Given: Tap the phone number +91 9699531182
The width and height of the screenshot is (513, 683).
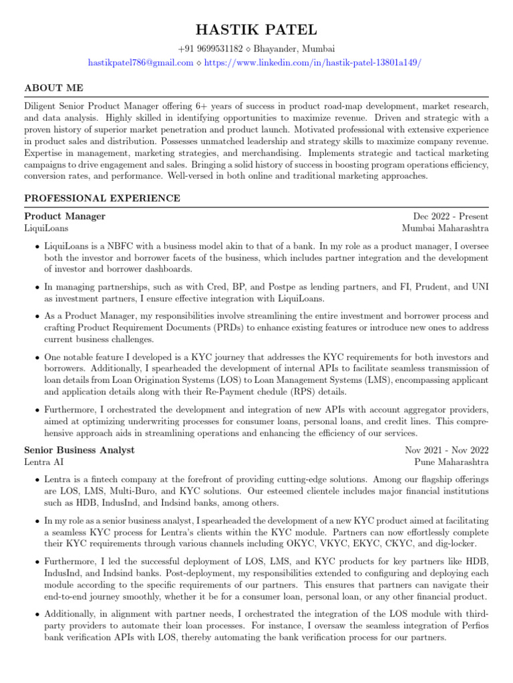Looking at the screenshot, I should [210, 49].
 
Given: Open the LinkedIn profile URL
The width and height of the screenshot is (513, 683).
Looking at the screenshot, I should [313, 62].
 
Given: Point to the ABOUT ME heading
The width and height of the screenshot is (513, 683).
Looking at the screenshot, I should [54, 88].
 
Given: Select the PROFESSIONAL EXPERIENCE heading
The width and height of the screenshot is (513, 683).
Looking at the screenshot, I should [102, 198].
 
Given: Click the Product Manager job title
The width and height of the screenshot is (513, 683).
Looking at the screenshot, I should [65, 216].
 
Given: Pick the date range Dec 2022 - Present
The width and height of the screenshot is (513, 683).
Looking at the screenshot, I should [451, 216].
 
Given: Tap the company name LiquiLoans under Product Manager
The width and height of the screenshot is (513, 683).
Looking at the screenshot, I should [47, 228].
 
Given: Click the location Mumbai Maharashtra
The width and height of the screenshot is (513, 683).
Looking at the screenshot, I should [445, 228].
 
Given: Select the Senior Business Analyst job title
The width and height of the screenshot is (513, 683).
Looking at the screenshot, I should [79, 450].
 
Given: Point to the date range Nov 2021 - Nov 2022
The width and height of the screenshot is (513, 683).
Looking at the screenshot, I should [447, 450].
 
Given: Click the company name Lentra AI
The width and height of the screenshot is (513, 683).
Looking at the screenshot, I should [44, 462].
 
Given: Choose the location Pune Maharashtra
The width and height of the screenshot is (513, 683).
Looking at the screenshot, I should [451, 462].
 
